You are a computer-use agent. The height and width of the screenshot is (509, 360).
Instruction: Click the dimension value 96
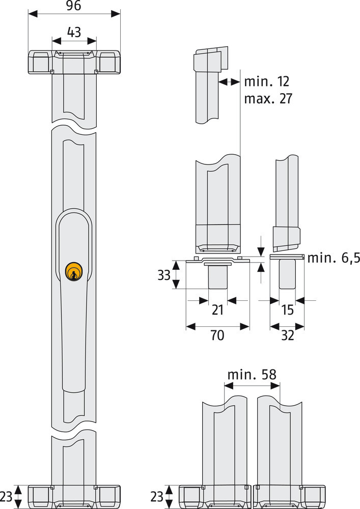point(74,6)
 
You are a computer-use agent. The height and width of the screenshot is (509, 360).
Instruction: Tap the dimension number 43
point(74,32)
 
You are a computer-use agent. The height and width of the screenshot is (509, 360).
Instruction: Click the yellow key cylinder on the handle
point(74,271)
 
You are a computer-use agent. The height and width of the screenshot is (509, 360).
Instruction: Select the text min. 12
point(266,81)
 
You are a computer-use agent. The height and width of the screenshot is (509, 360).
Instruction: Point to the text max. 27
point(268,98)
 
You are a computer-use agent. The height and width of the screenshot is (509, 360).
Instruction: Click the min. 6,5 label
point(334,258)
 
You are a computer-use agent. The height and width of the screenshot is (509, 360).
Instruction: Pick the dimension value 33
point(164,275)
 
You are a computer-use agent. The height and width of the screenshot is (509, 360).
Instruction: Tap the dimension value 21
point(217,309)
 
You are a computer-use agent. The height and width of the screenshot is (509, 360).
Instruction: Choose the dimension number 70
point(217,335)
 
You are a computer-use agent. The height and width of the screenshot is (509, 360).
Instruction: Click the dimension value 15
point(288,309)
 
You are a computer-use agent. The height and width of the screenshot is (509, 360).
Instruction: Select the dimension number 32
point(287,335)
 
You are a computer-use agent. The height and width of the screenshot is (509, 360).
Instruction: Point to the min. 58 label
point(252,375)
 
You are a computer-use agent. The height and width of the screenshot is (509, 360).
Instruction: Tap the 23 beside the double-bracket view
point(157,496)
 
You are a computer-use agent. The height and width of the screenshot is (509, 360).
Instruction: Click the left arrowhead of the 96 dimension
point(33,14)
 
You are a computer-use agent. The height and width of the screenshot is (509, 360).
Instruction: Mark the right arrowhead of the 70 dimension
point(244,326)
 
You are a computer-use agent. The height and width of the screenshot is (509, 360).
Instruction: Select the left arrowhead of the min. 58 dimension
point(229,386)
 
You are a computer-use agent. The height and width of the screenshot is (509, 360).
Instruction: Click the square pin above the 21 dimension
point(218,277)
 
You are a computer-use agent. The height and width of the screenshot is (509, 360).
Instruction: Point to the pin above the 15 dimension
point(287,274)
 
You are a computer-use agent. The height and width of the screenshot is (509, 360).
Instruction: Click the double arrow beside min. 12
point(229,82)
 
